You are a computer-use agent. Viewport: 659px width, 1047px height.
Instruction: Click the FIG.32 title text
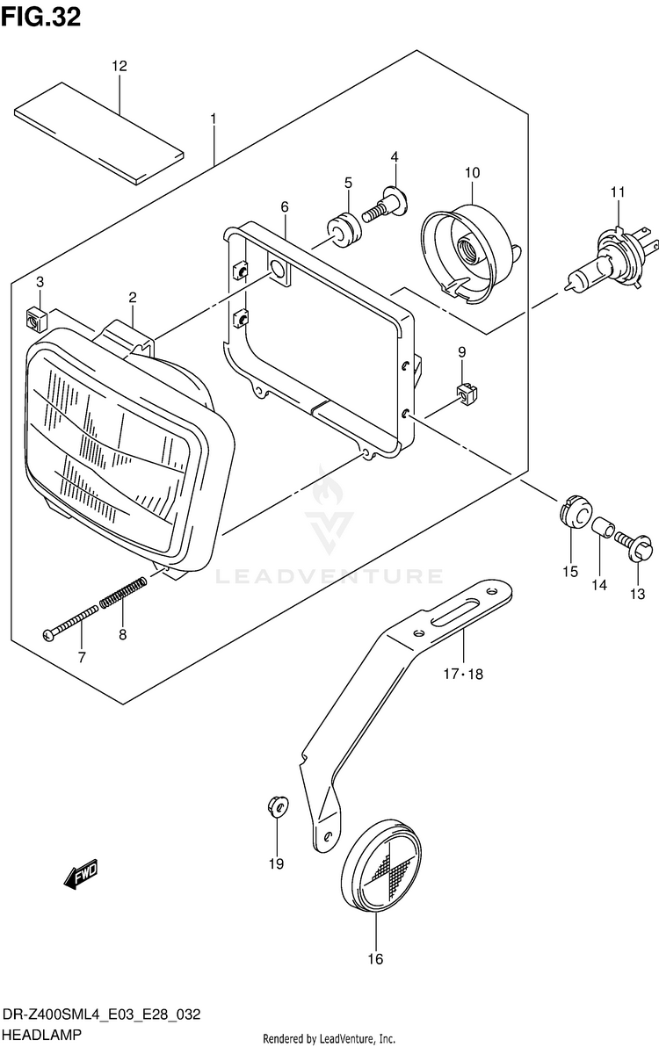coord(41,18)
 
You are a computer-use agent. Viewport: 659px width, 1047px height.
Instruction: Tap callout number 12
coord(119,66)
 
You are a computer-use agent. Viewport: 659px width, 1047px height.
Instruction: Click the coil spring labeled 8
coord(135,593)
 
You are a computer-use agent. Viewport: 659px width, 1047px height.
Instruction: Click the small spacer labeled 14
coord(600,530)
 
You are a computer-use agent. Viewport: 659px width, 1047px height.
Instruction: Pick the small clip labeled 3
coord(36,315)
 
